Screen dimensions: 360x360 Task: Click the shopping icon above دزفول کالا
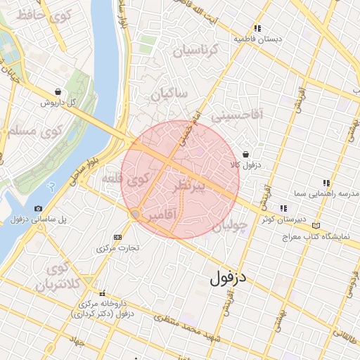tap(245, 155)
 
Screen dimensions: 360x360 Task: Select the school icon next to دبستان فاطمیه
tap(258, 28)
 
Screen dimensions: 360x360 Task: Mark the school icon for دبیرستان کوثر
tap(283, 208)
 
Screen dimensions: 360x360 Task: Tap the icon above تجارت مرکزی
tap(117, 237)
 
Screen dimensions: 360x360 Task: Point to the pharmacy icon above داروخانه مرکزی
tap(103, 293)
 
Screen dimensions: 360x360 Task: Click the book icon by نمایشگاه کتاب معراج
tap(316, 226)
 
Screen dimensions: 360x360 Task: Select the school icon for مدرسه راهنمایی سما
tap(326, 183)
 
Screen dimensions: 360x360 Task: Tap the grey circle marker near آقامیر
tap(135, 212)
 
